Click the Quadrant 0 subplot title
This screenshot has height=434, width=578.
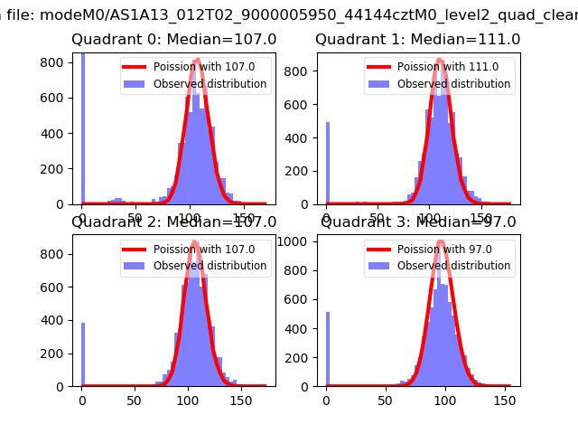click(173, 40)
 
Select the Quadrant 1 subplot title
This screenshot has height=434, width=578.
click(417, 40)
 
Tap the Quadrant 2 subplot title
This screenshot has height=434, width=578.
click(173, 222)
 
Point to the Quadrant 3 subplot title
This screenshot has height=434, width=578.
click(418, 222)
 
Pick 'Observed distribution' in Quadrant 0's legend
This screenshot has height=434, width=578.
click(210, 84)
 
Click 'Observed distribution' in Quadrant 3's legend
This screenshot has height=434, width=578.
click(453, 266)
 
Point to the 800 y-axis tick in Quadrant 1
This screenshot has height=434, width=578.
click(303, 71)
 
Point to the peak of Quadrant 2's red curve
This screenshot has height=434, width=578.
click(195, 241)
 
